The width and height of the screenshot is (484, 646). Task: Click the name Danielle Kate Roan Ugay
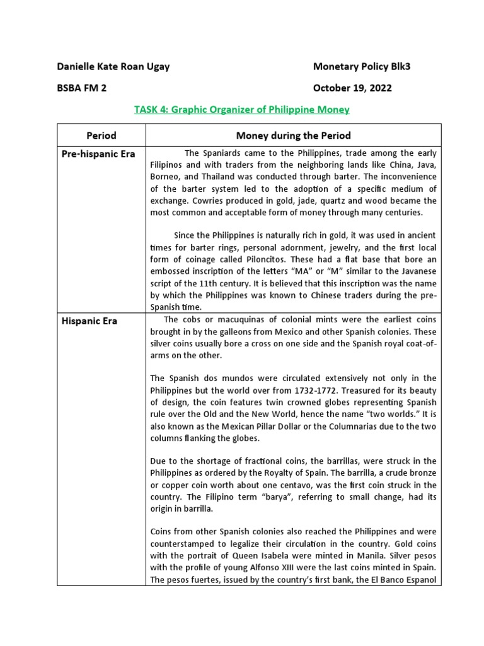(x=113, y=67)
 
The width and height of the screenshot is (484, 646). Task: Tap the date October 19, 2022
(x=352, y=88)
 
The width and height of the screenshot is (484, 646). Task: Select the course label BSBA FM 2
(x=82, y=88)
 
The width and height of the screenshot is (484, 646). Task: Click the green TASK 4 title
(x=241, y=110)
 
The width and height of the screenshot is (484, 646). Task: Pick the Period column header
(x=101, y=135)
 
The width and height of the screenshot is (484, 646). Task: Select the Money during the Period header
(x=293, y=135)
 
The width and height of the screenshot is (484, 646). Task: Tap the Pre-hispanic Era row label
(x=98, y=154)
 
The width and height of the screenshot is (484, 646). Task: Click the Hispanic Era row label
(x=89, y=321)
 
